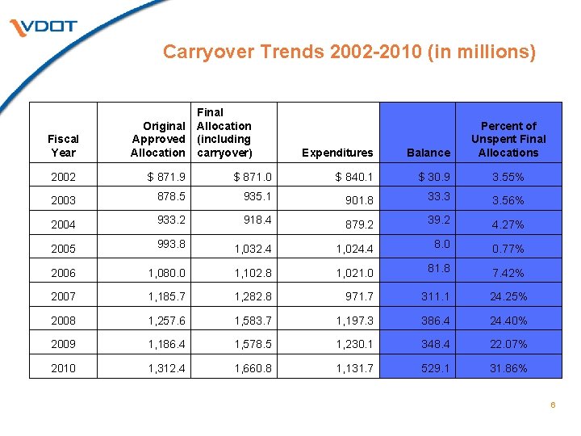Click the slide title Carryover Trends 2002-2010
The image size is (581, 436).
(349, 52)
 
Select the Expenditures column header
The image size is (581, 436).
(337, 153)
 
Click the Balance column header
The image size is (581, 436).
(428, 153)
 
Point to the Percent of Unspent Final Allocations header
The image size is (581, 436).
(508, 139)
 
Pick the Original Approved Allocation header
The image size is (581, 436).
(158, 139)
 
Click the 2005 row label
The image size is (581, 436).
(63, 249)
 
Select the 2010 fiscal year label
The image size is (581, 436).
(63, 368)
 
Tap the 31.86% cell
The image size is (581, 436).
(508, 368)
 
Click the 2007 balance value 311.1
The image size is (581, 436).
(428, 296)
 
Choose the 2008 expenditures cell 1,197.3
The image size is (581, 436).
(352, 321)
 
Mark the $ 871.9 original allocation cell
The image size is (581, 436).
(164, 177)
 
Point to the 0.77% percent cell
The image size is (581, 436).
(508, 249)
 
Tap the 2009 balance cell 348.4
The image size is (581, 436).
(428, 344)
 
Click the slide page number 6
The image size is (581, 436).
(553, 405)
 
